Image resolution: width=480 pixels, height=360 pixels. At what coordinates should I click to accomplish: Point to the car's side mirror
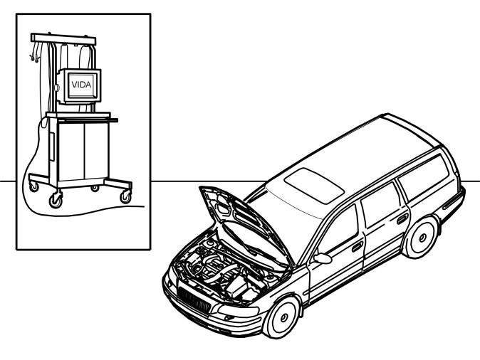(322, 258)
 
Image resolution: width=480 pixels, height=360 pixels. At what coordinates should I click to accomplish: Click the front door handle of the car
(357, 246)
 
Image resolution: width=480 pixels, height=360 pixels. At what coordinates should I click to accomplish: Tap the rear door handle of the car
(402, 218)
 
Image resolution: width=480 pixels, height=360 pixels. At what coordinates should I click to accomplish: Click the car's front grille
(194, 300)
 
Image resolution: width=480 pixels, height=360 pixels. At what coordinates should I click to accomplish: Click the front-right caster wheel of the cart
(126, 196)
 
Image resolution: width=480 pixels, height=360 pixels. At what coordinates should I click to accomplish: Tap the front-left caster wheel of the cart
(54, 201)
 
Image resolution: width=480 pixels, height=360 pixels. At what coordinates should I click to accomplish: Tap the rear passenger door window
(377, 202)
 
